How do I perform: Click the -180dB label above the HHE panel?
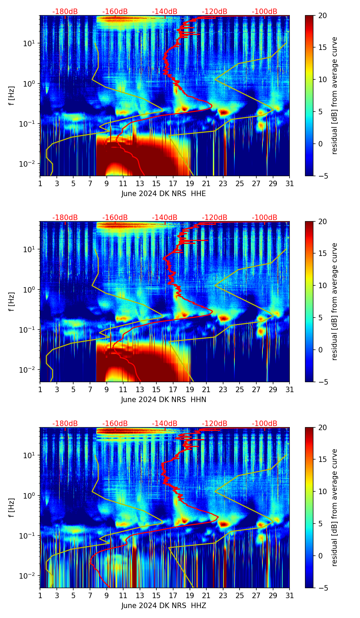point(65,12)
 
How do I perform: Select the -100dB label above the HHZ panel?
point(265,424)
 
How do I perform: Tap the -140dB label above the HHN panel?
point(165,218)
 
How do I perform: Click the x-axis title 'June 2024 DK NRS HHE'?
point(164,194)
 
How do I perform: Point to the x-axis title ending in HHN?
point(164,400)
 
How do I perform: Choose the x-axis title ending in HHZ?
point(164,606)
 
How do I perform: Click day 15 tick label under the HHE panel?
point(156,183)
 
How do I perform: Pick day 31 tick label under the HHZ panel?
point(290,595)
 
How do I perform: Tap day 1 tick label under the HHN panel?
point(40,389)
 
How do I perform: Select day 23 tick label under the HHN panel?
point(223,389)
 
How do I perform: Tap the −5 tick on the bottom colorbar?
point(323,588)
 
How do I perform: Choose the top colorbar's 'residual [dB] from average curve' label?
point(335,95)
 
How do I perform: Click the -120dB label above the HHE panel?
point(215,12)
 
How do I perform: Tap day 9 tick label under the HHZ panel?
point(106,595)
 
